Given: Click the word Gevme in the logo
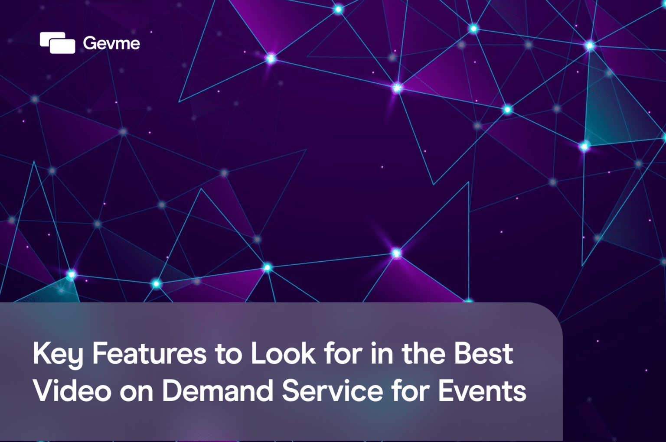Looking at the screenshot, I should (x=111, y=43).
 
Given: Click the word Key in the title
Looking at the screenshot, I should (x=58, y=354).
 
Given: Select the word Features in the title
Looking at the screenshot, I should (x=149, y=354).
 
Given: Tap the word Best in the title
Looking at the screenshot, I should (x=483, y=354).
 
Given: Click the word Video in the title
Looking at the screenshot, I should (x=72, y=391).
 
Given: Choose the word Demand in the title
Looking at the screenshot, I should (x=218, y=391).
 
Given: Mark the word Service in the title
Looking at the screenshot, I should (x=333, y=391).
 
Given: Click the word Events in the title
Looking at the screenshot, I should (x=482, y=391).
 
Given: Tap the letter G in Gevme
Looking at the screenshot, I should (x=89, y=43).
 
